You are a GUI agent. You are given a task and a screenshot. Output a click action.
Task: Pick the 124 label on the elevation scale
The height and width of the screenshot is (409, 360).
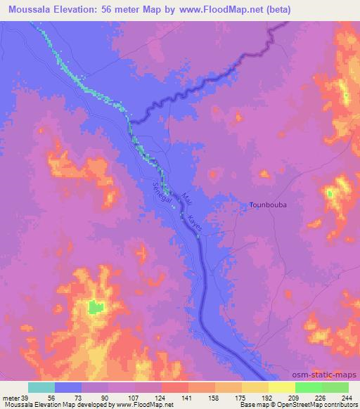[x=162, y=398]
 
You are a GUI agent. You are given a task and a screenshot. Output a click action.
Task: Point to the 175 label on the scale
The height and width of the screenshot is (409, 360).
[x=242, y=398]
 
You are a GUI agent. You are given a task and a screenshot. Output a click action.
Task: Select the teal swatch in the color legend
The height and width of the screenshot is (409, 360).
[x=41, y=387]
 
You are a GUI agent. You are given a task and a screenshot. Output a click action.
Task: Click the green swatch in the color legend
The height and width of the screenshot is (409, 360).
[x=321, y=387]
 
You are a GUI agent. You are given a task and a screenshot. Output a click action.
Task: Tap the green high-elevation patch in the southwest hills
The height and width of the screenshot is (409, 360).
[x=95, y=306]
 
